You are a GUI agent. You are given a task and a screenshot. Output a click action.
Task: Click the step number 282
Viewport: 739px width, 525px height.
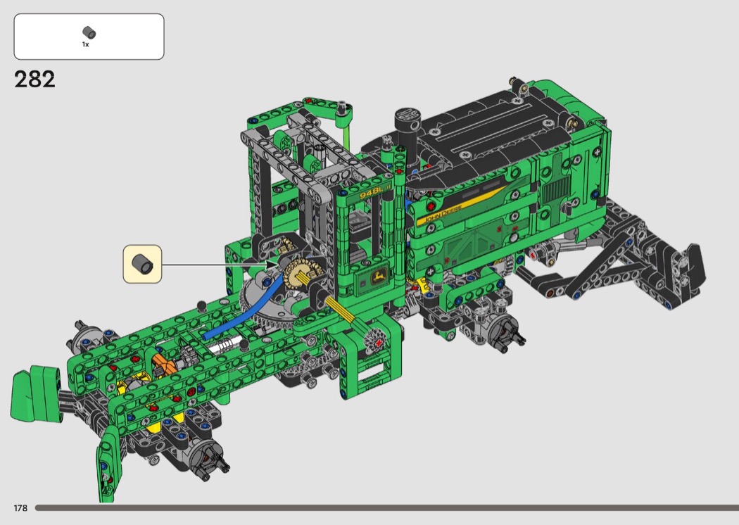[35, 80]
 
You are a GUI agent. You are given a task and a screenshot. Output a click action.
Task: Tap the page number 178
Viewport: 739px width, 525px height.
[20, 507]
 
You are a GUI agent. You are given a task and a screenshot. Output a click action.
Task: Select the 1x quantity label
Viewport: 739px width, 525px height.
[85, 44]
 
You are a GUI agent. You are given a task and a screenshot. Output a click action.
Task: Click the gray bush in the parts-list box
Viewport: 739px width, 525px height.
[89, 32]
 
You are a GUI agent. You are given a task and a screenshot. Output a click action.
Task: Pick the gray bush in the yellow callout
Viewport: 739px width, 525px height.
[142, 264]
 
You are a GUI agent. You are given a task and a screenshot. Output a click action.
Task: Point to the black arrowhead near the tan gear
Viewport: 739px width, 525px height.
[272, 265]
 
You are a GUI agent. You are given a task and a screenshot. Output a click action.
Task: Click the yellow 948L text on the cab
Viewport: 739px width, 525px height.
[372, 194]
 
